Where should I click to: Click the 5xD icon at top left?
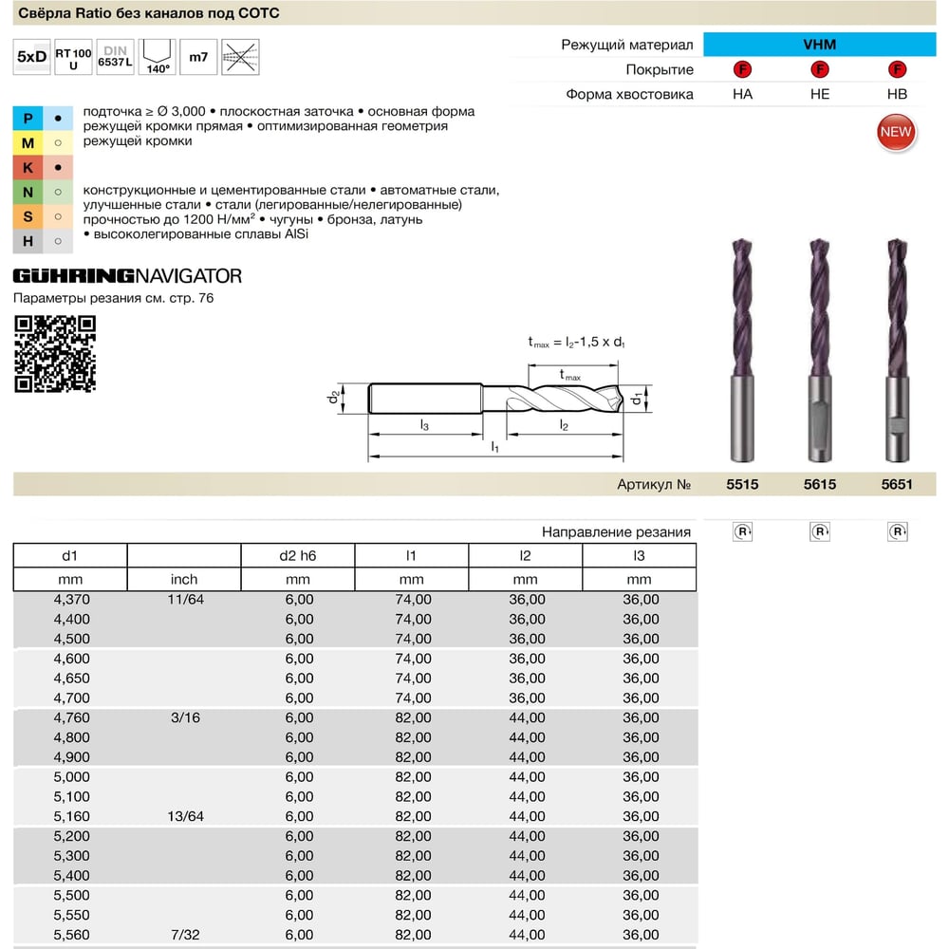click(x=31, y=57)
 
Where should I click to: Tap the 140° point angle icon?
click(x=158, y=57)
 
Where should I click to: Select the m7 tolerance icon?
click(x=198, y=57)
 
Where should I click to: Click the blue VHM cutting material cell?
click(x=820, y=45)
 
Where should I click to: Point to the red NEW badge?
click(x=896, y=133)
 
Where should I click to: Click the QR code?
click(x=55, y=354)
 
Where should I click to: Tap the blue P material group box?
click(x=28, y=118)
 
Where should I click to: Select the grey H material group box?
click(x=28, y=241)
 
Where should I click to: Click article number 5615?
click(x=820, y=484)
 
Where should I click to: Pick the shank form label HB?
click(x=897, y=94)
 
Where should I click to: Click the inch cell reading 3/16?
click(x=185, y=717)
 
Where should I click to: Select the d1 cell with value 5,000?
click(x=71, y=777)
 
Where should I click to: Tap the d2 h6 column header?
click(x=298, y=555)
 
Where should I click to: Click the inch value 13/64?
click(x=185, y=816)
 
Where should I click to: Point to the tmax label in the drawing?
click(x=570, y=376)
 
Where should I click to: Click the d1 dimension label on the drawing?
click(x=636, y=399)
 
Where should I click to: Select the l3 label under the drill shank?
click(x=424, y=425)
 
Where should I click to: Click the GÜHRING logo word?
click(x=74, y=276)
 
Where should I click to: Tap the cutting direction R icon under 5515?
click(x=743, y=532)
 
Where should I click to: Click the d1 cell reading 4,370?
click(x=71, y=600)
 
